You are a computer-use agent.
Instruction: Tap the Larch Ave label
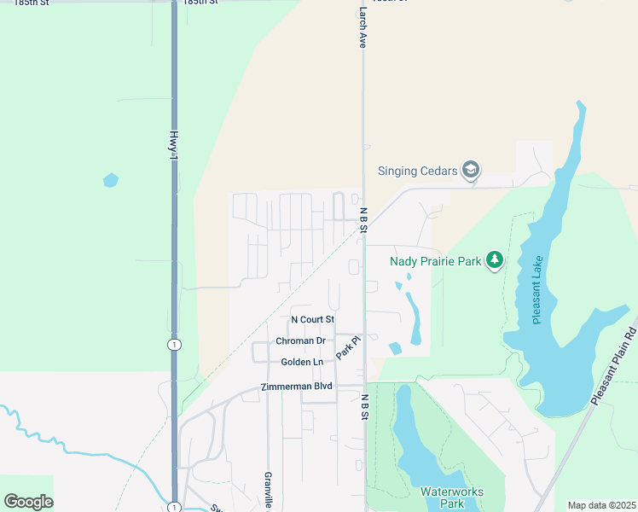pos(362,28)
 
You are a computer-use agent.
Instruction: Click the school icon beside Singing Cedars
pos(470,170)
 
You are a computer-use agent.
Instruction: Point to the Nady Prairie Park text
pos(436,261)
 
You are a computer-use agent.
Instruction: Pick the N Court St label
pos(313,319)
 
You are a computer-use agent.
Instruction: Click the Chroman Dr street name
pos(300,340)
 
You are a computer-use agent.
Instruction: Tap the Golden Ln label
pos(302,362)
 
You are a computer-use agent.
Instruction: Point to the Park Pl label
pos(349,346)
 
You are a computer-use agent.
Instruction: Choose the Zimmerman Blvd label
pos(297,387)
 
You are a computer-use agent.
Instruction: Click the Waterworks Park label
pos(451,497)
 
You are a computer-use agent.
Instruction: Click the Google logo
pos(29,502)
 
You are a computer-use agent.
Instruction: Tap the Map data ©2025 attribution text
pos(601,505)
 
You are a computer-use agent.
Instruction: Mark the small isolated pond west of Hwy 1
pos(110,180)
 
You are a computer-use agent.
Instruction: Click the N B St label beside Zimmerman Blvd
pos(364,407)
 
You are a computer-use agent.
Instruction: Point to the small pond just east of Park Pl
pos(395,348)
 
